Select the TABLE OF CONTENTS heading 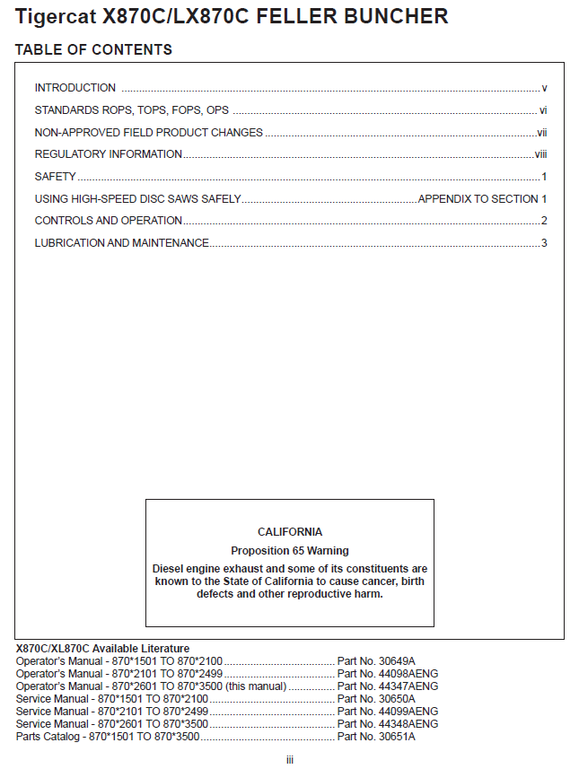pos(93,49)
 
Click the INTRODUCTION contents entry pos(75,88)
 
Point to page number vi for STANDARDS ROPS pos(543,110)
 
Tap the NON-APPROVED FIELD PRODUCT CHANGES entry pos(148,133)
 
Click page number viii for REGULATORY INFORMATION pos(540,154)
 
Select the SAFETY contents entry pos(55,177)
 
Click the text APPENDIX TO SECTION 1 pos(482,199)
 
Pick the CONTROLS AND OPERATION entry pos(108,221)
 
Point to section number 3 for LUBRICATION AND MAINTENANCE pos(544,243)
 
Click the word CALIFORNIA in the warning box pos(290,532)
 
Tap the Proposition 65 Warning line pos(290,551)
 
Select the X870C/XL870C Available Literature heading pos(102,649)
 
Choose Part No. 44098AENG pos(387,674)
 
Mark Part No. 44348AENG pos(387,724)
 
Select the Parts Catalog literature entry pos(108,737)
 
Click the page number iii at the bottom pos(290,760)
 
